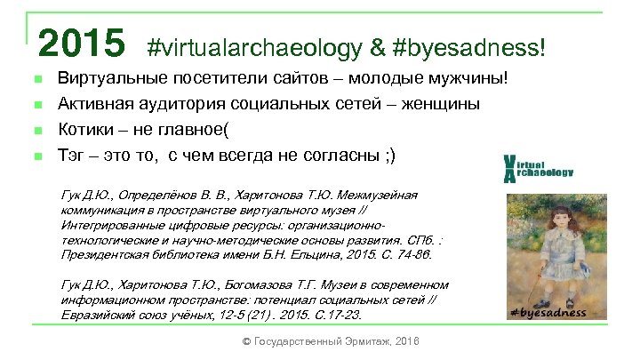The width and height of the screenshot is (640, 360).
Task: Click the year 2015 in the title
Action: tap(81, 41)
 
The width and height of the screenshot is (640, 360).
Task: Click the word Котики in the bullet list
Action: tap(85, 131)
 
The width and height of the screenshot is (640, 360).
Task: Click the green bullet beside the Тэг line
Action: tap(37, 157)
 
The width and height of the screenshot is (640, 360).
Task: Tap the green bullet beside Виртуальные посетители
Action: tap(37, 80)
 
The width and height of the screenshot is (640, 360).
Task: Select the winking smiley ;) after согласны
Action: tap(391, 156)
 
